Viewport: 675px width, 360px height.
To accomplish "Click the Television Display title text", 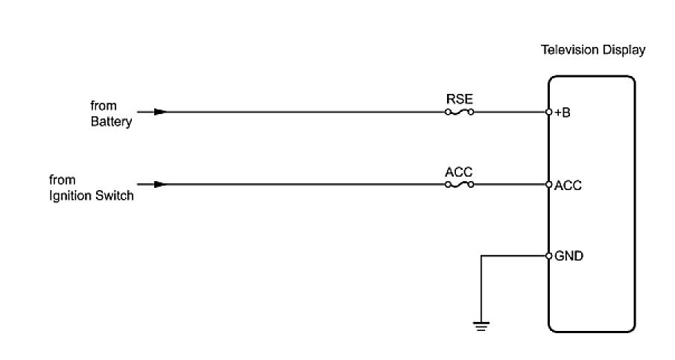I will (x=592, y=51).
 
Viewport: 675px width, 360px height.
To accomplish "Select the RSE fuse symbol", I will (x=460, y=113).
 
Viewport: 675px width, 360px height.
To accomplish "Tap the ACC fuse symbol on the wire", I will (x=460, y=184).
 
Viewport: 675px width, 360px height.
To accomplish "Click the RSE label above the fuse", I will (x=459, y=98).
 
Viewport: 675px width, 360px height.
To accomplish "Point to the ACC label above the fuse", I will (x=459, y=171).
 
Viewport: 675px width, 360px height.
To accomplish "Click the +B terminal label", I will (x=562, y=113).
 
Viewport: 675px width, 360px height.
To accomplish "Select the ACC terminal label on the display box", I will (x=568, y=185).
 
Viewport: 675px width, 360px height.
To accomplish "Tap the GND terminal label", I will (x=568, y=256).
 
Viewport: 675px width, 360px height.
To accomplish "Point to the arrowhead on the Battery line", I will (x=159, y=113).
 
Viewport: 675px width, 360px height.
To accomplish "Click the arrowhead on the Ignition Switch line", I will (x=159, y=184).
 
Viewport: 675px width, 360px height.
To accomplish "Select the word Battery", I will (x=111, y=121).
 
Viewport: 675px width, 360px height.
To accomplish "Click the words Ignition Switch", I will (x=92, y=195).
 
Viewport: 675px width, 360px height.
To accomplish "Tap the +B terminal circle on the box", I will (x=548, y=113).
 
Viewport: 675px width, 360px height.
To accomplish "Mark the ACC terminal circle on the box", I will (x=548, y=184).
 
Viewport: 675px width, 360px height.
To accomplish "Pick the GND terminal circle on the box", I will (x=548, y=256).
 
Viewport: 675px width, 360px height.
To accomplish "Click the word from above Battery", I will (x=104, y=106).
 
